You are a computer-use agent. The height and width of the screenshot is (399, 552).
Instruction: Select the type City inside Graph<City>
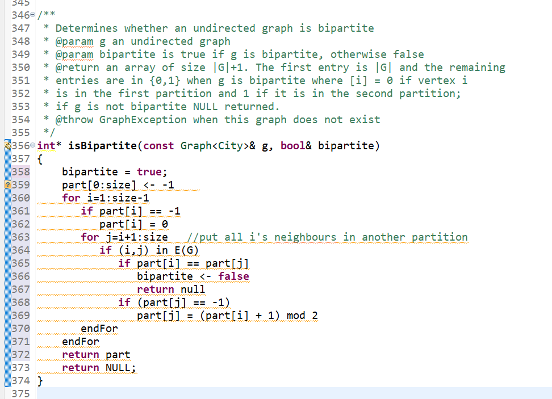[x=230, y=146]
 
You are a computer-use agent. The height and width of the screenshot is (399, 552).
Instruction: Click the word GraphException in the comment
[x=143, y=120]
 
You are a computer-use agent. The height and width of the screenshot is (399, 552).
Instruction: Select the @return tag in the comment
[x=77, y=68]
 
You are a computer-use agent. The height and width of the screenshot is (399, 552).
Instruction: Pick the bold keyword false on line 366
[x=233, y=276]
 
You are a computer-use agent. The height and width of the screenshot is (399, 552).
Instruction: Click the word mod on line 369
[x=296, y=316]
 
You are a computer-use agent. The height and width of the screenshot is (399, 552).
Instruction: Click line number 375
[x=20, y=394]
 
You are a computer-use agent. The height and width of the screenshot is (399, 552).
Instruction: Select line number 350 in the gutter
[x=20, y=68]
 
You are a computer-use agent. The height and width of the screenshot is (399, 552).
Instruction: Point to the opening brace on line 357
[x=40, y=159]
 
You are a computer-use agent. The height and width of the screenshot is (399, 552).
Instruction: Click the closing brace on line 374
[x=40, y=380]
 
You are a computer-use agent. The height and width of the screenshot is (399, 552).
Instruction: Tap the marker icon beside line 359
[x=7, y=185]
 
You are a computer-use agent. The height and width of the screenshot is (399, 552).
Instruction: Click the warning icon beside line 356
[x=6, y=146]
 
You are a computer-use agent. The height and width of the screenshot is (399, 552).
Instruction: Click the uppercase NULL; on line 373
[x=121, y=368]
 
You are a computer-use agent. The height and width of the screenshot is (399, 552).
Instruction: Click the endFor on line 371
[x=81, y=342]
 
